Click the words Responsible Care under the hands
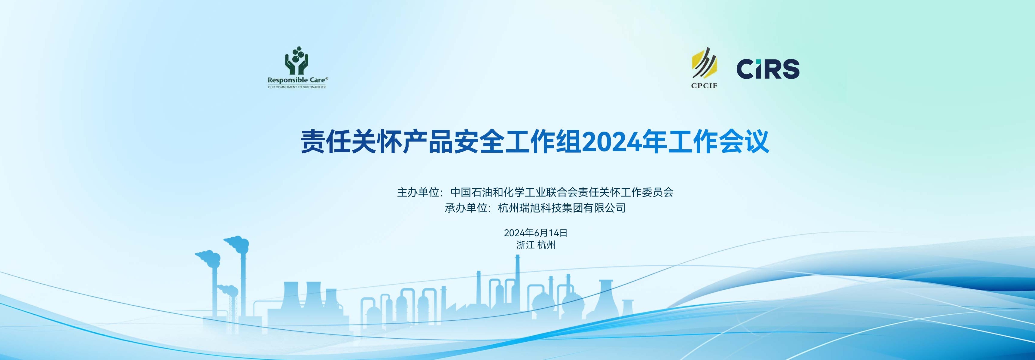pos(296,80)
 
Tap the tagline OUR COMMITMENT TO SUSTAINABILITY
pos(297,87)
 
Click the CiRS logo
pos(768,69)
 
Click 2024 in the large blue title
pos(611,142)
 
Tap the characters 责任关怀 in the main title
pos(352,142)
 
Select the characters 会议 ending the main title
pos(744,142)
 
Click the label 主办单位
pos(418,192)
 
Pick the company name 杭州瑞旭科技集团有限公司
pos(562,208)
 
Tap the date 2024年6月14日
pos(536,233)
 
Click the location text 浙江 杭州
pos(536,245)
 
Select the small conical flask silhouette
pos(628,309)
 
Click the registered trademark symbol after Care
pos(327,78)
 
